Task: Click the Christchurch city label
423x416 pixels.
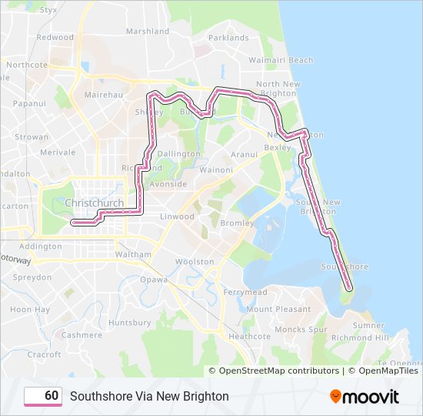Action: point(95,203)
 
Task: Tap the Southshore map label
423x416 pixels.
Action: point(345,267)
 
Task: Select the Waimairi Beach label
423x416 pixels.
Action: point(282,60)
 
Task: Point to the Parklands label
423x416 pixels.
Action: point(228,37)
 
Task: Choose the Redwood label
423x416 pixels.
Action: point(55,37)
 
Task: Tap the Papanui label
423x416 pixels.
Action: point(29,102)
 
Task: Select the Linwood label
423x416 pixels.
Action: point(177,216)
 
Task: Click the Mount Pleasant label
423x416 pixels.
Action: point(278,309)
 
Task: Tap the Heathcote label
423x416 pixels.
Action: point(249,337)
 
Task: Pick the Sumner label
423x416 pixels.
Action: point(368,326)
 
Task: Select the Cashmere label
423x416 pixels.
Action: point(82,335)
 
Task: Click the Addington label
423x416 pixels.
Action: point(40,247)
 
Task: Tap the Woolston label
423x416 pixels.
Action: point(195,262)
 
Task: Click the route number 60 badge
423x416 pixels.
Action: point(43,396)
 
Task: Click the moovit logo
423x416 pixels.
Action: point(364,397)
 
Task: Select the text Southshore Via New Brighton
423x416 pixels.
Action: point(149,397)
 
